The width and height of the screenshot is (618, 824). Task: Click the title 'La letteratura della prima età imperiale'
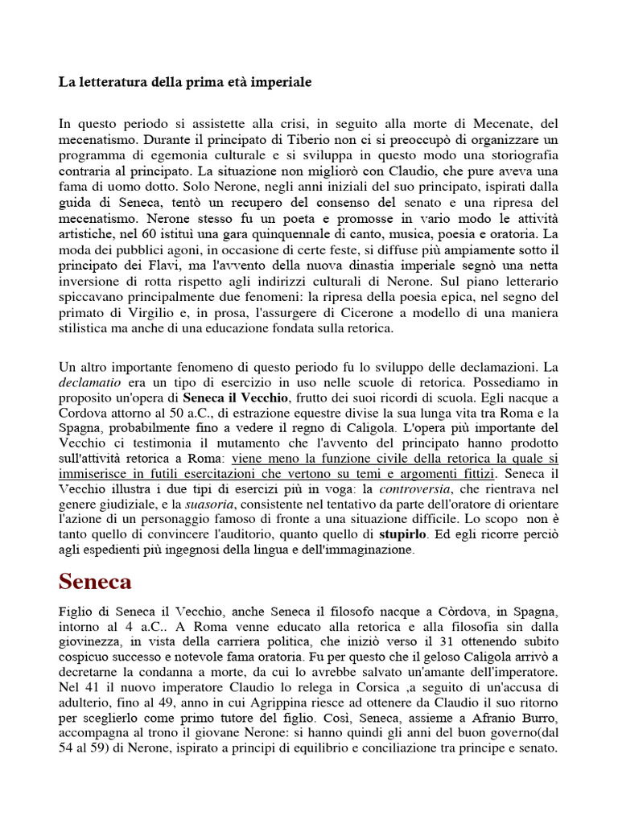click(185, 83)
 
